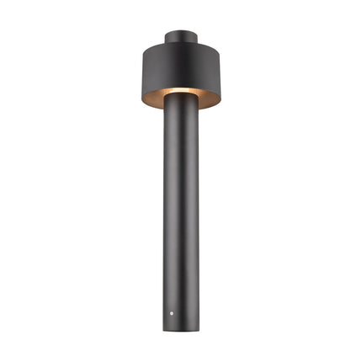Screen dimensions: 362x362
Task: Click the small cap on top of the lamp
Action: (x=181, y=38)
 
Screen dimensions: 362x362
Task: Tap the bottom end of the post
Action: (x=181, y=327)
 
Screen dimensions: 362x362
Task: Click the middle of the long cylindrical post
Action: (x=181, y=210)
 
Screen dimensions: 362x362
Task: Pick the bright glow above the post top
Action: (x=181, y=91)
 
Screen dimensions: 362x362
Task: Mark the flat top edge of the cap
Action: (x=181, y=32)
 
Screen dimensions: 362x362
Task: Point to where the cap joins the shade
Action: (x=181, y=45)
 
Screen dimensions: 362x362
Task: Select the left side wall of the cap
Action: (x=167, y=38)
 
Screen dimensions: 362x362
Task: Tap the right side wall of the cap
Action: (x=196, y=38)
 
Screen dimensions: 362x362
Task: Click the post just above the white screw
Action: (x=173, y=299)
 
